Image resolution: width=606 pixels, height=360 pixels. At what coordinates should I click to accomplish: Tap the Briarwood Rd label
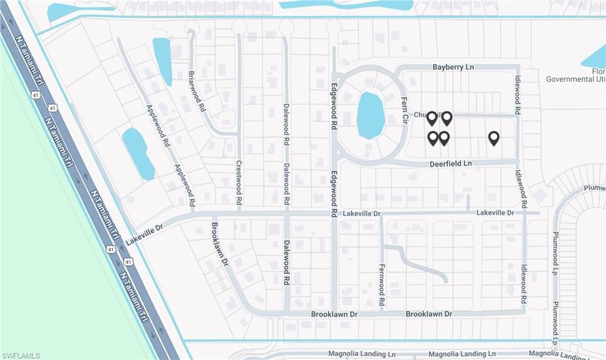197,92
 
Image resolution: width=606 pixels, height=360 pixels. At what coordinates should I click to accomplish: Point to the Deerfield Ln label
450,163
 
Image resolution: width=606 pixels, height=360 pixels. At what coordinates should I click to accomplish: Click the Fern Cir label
405,110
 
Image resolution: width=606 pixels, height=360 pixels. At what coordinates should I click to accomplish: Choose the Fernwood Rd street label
382,285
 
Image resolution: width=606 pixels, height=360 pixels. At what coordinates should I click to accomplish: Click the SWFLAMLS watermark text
21,355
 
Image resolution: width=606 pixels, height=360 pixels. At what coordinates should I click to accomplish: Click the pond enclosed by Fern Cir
370,115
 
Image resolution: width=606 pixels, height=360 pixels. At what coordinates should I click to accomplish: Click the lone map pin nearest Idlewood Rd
494,138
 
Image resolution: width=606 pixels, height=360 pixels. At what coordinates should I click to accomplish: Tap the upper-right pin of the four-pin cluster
447,118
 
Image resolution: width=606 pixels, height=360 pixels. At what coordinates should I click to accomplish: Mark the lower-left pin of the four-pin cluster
433,138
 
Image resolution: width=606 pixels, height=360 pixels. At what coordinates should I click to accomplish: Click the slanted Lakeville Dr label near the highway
144,231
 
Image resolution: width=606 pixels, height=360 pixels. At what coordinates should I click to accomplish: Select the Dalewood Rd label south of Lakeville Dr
286,263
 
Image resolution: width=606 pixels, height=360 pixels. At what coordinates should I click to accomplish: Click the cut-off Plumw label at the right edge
595,188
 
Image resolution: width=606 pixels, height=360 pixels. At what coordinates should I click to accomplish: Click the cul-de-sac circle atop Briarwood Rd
192,27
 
